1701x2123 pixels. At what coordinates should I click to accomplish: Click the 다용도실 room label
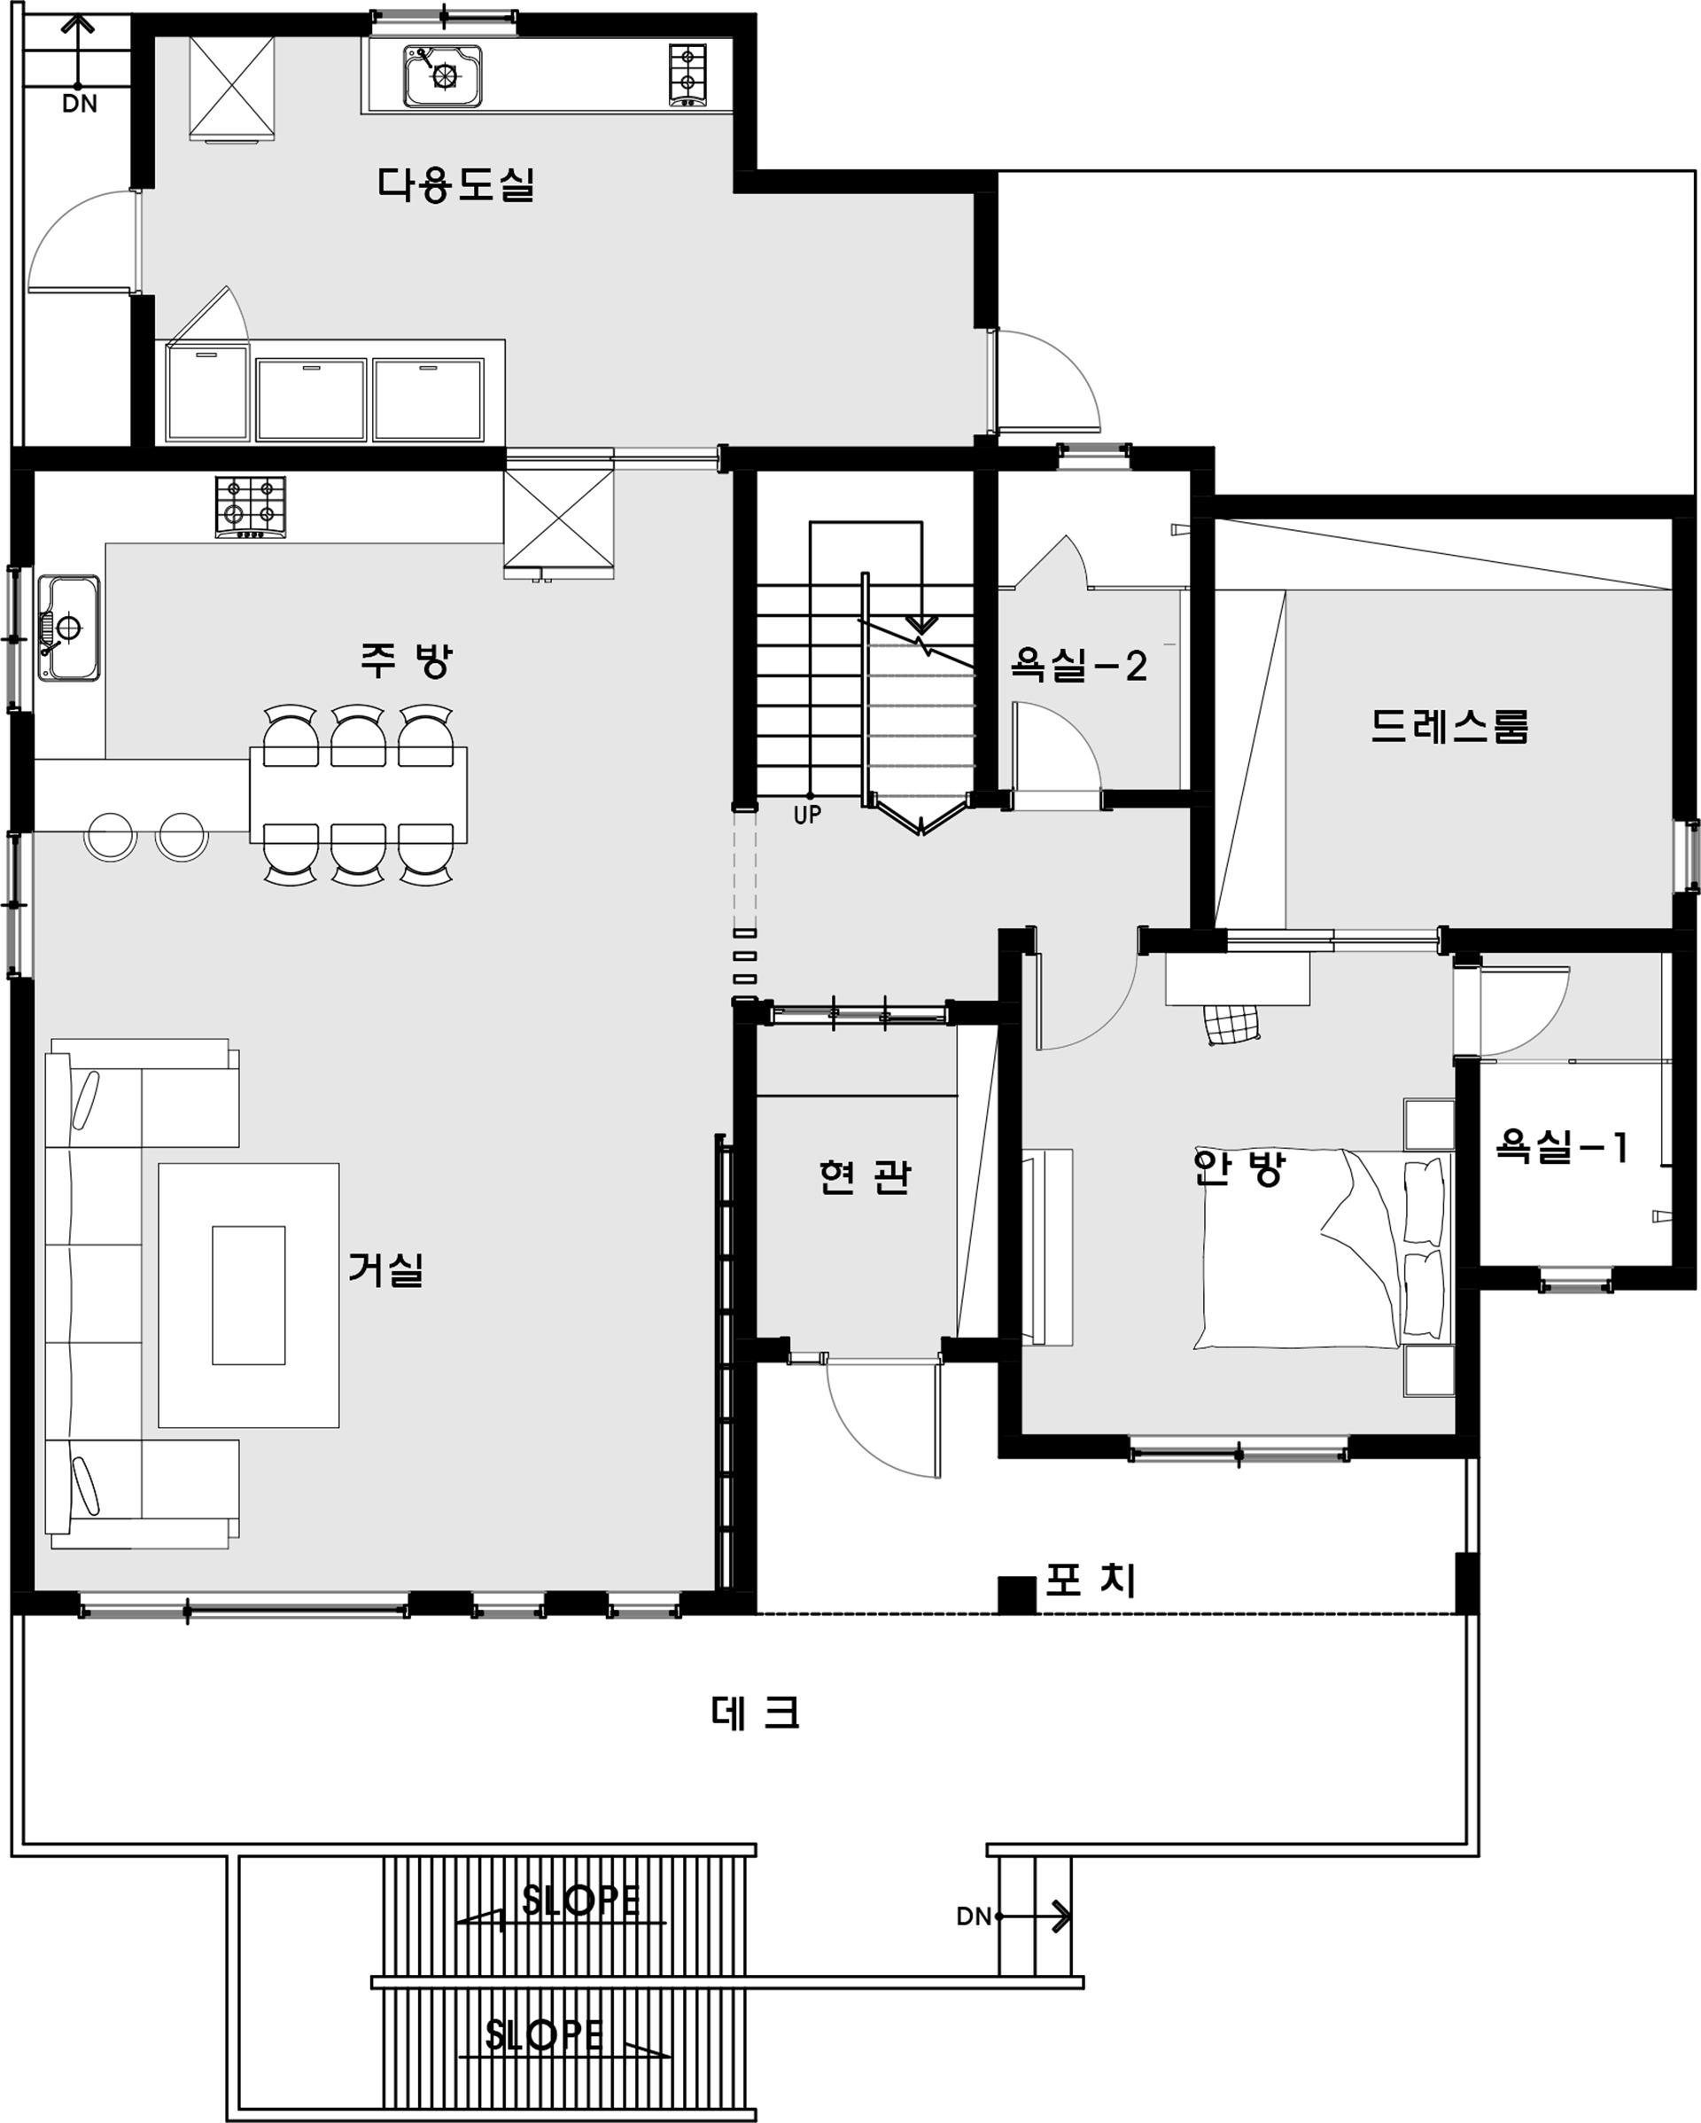[455, 184]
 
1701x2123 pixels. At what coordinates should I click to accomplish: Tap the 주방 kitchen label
[406, 660]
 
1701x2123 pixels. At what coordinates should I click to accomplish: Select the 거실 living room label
[386, 1268]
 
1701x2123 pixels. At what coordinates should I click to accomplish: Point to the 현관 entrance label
[866, 1176]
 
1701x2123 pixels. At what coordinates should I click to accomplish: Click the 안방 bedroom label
[1239, 1167]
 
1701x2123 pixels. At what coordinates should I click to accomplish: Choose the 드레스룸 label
[1450, 727]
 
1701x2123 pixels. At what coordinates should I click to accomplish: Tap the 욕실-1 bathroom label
[1562, 1147]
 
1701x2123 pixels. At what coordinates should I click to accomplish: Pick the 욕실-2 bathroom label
[1079, 667]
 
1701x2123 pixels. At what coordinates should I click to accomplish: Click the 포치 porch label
[1091, 1581]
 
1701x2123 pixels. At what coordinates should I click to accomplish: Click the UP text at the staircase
[807, 815]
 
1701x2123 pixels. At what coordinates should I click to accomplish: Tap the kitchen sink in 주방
[69, 628]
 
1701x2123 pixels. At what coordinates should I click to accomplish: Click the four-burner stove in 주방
[251, 507]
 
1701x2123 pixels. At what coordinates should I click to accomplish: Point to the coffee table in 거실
[249, 1295]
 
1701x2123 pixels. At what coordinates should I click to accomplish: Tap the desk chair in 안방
[1231, 1024]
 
